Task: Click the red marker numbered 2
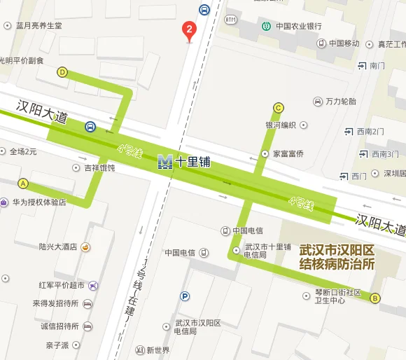tap(189, 30)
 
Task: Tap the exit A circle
tap(23, 184)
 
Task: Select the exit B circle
tap(374, 298)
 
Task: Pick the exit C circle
tap(279, 108)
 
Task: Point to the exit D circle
tap(62, 71)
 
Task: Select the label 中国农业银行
tap(299, 27)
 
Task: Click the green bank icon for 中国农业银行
tap(267, 27)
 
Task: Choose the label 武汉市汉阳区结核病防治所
tap(337, 257)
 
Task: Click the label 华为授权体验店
tap(39, 202)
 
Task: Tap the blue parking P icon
tap(184, 296)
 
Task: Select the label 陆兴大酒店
tap(58, 247)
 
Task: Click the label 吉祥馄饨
tap(99, 168)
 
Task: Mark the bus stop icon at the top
tap(204, 9)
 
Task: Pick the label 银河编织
tap(281, 126)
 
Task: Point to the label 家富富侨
tap(288, 153)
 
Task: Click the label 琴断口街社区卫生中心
tap(337, 297)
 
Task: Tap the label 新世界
tap(158, 350)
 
